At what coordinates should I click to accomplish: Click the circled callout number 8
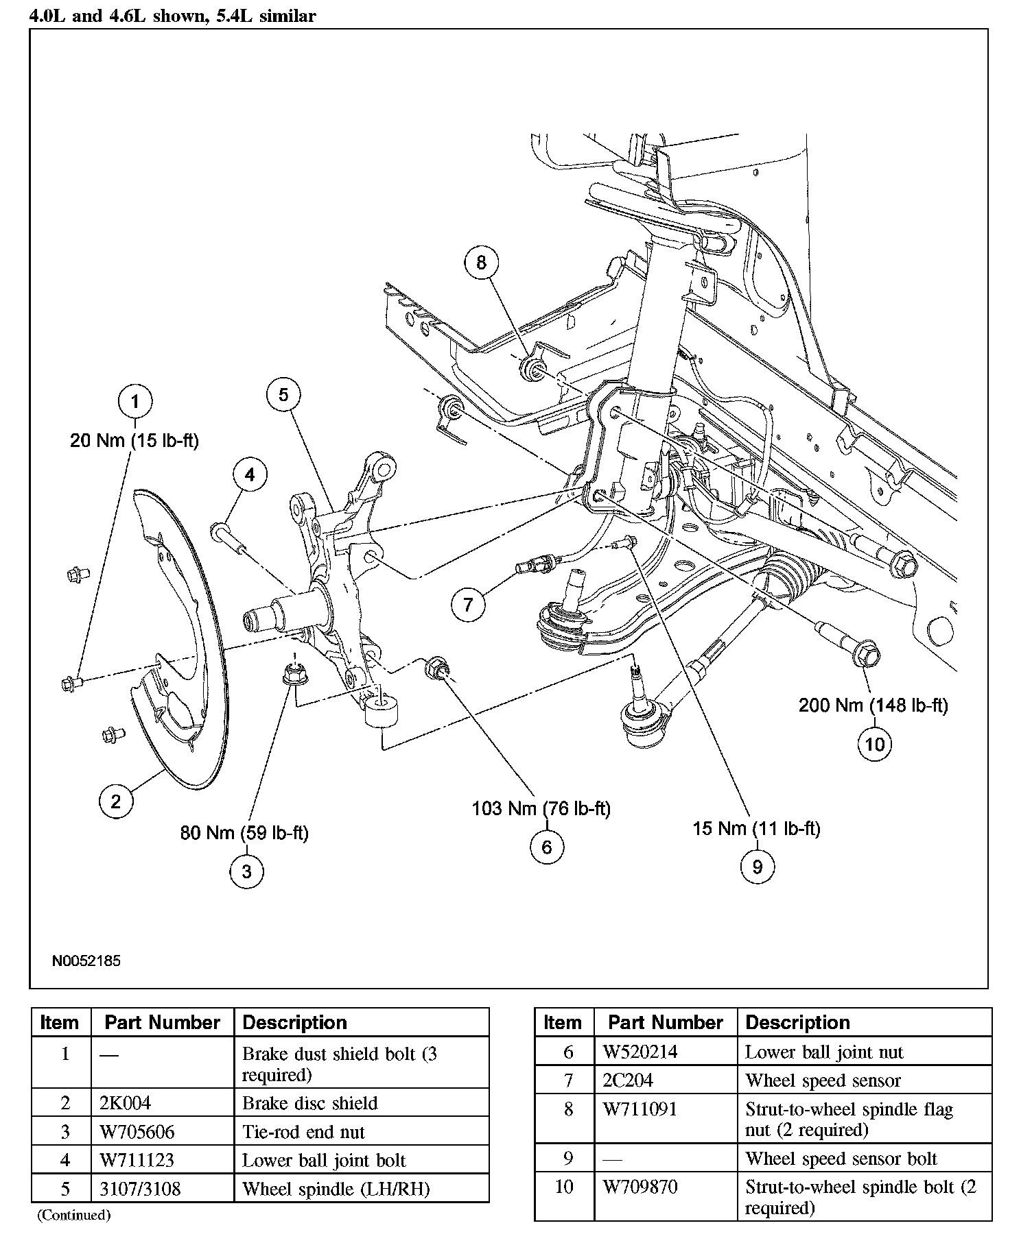tap(481, 262)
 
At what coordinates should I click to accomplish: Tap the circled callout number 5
tap(283, 394)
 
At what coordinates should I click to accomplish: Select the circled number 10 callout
tap(875, 744)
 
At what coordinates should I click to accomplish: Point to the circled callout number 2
tap(115, 801)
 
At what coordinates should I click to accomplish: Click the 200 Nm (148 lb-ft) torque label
tap(873, 705)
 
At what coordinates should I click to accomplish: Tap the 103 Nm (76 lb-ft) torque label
tap(541, 808)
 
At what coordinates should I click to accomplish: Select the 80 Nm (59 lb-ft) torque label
tap(244, 833)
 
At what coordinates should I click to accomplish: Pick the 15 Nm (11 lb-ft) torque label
tap(756, 828)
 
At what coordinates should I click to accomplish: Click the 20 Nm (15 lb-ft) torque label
tap(134, 440)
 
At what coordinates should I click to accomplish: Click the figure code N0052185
tap(86, 961)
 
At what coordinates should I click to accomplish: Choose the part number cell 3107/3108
tap(140, 1188)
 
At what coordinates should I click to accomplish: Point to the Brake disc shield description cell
tap(309, 1103)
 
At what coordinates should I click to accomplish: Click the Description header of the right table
tap(797, 1023)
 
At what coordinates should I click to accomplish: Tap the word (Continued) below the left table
tap(73, 1215)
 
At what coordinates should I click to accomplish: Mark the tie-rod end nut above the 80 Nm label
tap(294, 673)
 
